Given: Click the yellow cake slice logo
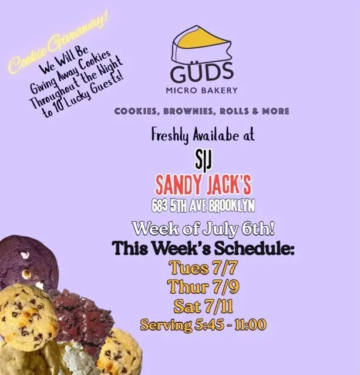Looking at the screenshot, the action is click(x=202, y=43).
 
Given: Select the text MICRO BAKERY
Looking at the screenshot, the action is click(x=202, y=91).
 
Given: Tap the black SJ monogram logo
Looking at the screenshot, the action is click(x=203, y=162).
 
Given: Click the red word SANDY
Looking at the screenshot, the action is click(x=177, y=186).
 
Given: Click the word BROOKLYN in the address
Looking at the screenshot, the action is click(x=231, y=206).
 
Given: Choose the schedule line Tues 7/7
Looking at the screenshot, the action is click(x=204, y=267).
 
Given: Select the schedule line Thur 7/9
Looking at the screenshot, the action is click(x=203, y=286).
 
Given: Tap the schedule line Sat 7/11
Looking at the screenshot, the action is click(x=203, y=306).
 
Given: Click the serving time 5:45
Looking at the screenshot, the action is click(x=211, y=325).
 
